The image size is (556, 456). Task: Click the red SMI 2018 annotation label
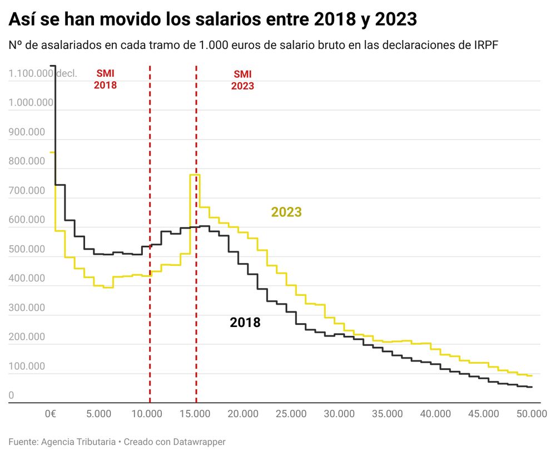pos(106,79)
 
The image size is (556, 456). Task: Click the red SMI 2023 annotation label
pos(242,80)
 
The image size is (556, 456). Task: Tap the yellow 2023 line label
pos(286,212)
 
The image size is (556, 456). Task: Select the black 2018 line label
pos(245,322)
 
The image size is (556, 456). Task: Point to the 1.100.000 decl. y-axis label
pos(43,73)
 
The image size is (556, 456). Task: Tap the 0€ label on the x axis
pos(51,414)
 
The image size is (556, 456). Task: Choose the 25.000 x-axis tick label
pos(291,414)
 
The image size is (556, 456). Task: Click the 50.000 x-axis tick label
pos(532,414)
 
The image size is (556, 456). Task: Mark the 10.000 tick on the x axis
pos(147,414)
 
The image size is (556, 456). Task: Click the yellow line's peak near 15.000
pos(195,175)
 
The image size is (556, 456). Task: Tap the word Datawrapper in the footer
pos(198,442)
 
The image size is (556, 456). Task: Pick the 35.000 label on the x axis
pos(388,414)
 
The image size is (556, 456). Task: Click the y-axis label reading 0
pos(11,395)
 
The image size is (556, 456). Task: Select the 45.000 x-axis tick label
pos(484,414)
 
